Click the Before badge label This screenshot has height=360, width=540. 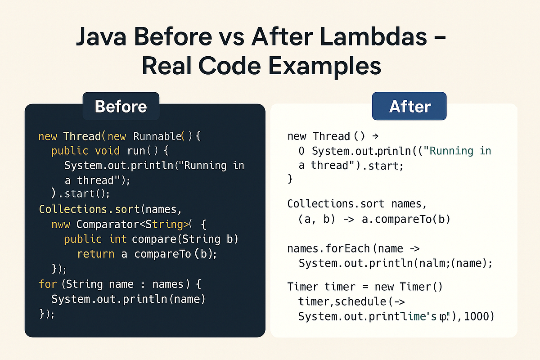pyautogui.click(x=121, y=106)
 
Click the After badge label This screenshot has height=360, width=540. pyautogui.click(x=409, y=106)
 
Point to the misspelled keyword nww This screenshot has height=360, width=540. pyautogui.click(x=61, y=224)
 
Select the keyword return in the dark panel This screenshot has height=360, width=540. pyautogui.click(x=95, y=254)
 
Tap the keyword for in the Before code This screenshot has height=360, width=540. pyautogui.click(x=48, y=284)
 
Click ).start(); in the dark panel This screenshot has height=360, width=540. pyautogui.click(x=81, y=194)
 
